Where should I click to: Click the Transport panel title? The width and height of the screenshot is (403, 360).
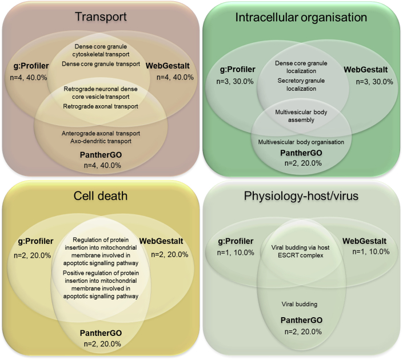[x=100, y=17]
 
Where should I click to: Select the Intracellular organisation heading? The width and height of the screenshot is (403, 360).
[x=302, y=17]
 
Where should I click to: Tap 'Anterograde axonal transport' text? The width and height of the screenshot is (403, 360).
[x=100, y=133]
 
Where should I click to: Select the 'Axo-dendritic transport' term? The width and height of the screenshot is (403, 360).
[x=100, y=141]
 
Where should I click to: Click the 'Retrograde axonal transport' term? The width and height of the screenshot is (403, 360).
[x=100, y=106]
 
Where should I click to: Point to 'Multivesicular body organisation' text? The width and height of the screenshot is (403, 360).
[x=301, y=142]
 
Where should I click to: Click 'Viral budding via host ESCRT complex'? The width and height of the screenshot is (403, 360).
[x=301, y=251]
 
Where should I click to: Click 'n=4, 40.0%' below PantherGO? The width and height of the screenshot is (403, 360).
[x=100, y=165]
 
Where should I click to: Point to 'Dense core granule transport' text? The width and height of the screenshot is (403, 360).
[x=100, y=63]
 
